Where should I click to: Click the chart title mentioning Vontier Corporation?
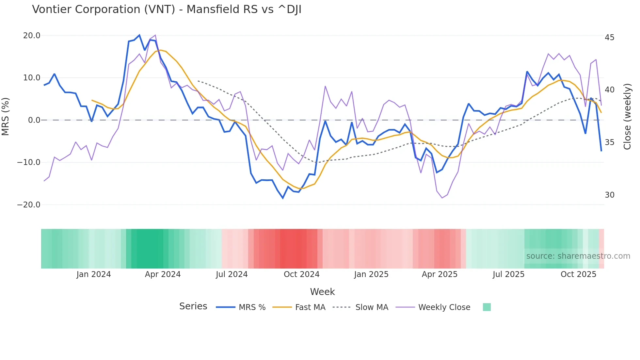coord(167,9)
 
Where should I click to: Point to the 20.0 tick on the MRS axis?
coord(32,36)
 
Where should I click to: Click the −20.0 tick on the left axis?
coord(29,205)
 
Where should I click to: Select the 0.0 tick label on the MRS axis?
coord(34,120)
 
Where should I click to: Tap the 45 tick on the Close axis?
coord(609,38)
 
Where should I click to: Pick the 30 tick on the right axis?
coord(609,195)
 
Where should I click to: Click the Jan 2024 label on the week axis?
coord(94,274)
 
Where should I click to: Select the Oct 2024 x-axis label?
coord(301,274)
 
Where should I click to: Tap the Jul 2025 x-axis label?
coord(508,274)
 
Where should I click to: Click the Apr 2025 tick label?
coord(440,274)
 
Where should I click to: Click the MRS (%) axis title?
coord(6,117)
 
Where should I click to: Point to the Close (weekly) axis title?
coord(627,117)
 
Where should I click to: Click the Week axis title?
coord(322,292)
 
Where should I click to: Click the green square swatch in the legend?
coord(487,307)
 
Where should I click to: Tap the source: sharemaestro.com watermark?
coord(578,256)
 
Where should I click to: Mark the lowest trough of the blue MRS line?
coord(283,198)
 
